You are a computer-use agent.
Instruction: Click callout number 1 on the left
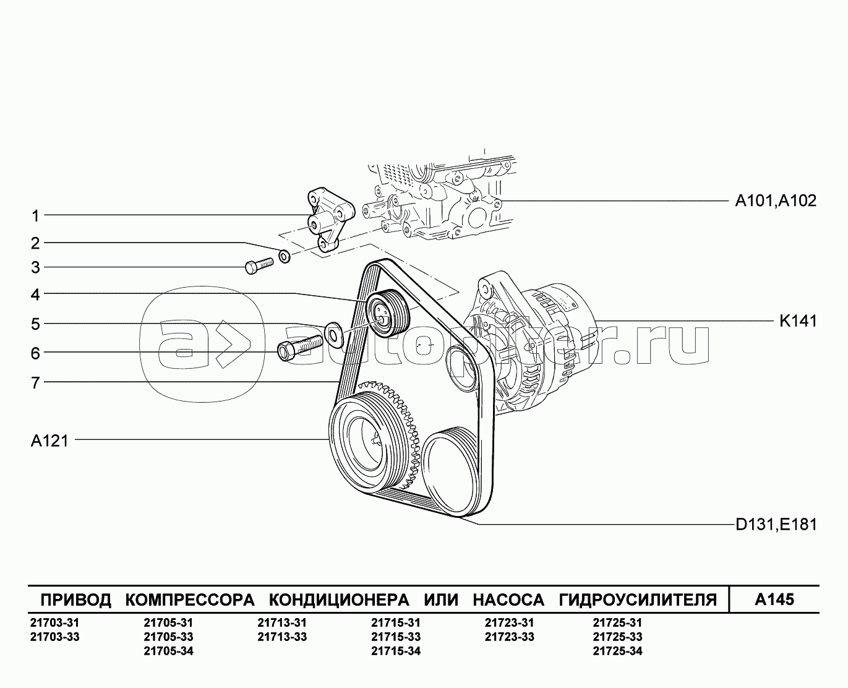coord(35,216)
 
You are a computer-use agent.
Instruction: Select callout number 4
coord(35,295)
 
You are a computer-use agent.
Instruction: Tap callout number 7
coord(35,382)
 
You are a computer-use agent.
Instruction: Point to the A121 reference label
coord(49,441)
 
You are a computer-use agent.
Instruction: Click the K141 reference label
coord(798,321)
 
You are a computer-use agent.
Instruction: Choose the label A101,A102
coord(776,200)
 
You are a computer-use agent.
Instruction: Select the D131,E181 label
coord(776,525)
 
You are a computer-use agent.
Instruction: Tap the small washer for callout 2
coord(285,256)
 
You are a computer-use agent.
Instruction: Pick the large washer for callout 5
coord(333,334)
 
